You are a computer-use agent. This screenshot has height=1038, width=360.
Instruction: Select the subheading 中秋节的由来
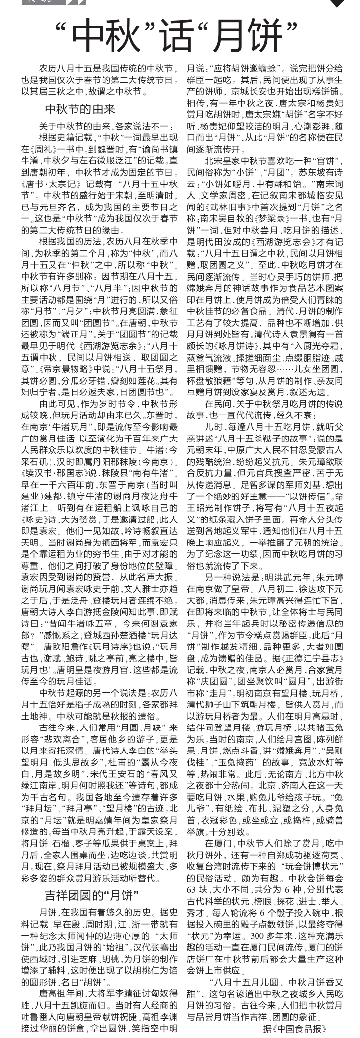click(79, 108)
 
